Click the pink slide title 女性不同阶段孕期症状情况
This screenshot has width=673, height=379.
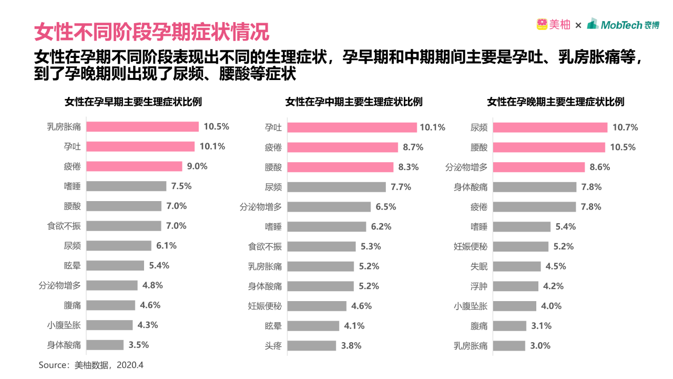coord(151,32)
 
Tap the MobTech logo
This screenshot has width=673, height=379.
coord(624,24)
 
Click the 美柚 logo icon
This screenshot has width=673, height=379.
coord(542,24)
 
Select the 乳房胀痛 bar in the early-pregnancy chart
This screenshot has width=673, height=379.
coord(142,127)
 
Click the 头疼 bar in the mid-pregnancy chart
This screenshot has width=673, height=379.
coord(312,346)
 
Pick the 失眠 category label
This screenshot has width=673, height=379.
coord(478,266)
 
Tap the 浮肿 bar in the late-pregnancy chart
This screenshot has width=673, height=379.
coord(516,286)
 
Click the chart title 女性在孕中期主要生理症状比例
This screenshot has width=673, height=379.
coord(354,102)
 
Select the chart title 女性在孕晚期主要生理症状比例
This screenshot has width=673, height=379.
coord(556,102)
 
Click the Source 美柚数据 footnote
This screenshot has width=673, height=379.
coord(91,365)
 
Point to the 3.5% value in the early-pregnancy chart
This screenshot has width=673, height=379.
coord(138,345)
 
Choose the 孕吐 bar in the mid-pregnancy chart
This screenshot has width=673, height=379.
coord(352,127)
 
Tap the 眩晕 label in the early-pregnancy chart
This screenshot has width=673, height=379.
coord(72,266)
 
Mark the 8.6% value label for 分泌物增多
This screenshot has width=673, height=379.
coord(600,167)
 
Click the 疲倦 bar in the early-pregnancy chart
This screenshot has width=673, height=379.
coord(134,166)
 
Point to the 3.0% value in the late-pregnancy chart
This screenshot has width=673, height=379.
coord(540,346)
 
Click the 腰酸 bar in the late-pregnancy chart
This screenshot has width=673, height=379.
coord(549,147)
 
